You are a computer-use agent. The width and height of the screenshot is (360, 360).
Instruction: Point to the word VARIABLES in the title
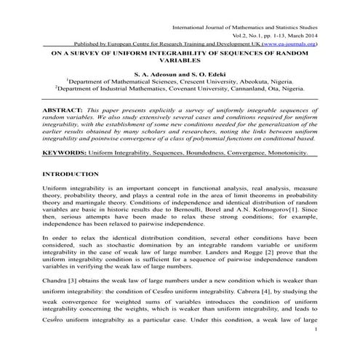[x=180, y=63]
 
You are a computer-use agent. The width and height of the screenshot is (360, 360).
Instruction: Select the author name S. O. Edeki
[x=205, y=75]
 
